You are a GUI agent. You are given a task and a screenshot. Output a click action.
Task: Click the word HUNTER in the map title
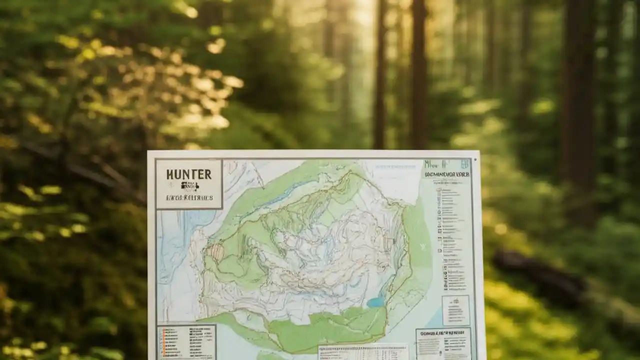[x=188, y=174]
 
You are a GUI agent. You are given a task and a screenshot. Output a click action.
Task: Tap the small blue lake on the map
[x=375, y=302]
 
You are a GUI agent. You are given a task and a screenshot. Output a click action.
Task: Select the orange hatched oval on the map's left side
[x=217, y=252]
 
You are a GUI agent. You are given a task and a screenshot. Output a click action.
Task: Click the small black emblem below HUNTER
[x=189, y=186]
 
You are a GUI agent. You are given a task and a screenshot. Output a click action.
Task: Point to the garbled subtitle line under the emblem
[x=189, y=197]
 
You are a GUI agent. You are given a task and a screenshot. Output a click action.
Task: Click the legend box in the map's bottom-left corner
[x=186, y=341]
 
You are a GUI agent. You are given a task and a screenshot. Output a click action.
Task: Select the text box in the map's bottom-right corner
[x=442, y=343]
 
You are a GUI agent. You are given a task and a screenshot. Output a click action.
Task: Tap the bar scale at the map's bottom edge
[x=363, y=351]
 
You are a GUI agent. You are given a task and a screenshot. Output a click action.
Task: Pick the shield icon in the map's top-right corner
[x=464, y=164]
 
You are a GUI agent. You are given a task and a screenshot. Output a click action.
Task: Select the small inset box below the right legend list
[x=455, y=310]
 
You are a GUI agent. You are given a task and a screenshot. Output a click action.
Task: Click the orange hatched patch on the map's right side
[x=388, y=243]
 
